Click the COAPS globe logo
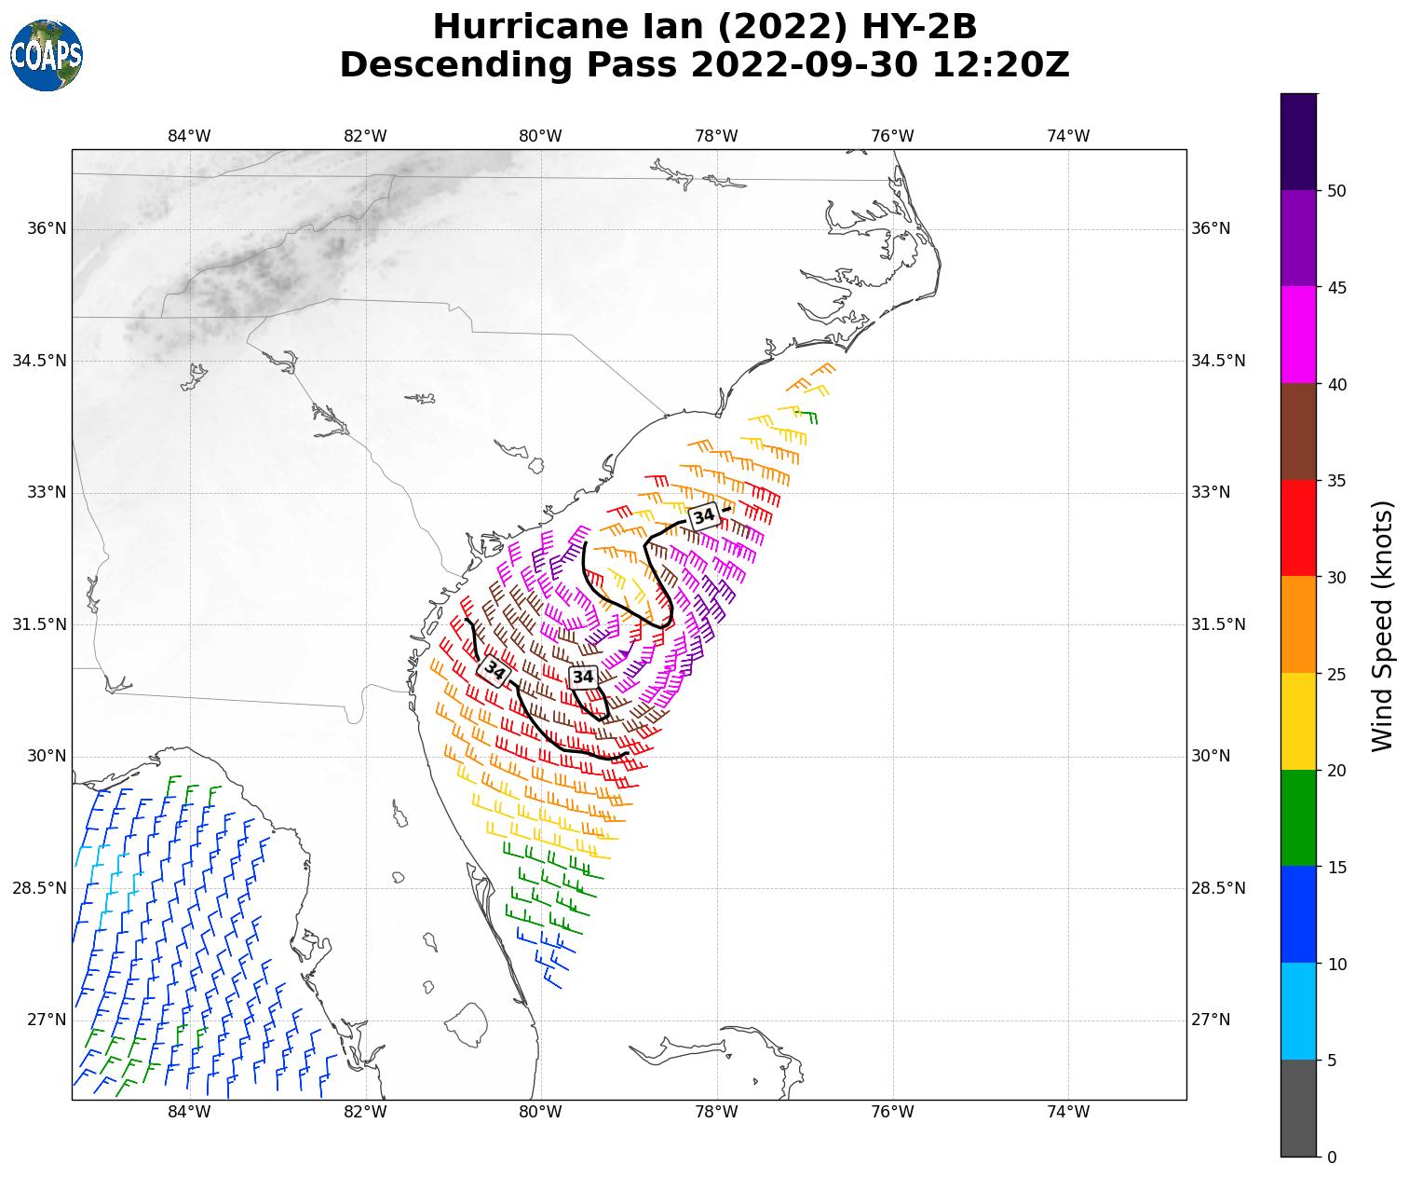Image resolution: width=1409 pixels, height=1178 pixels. pos(46,55)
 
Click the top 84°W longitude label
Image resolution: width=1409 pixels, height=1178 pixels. pos(189,136)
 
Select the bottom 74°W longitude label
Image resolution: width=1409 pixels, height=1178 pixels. pos(1068,1112)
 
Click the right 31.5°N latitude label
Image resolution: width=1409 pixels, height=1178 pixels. pos(1217,624)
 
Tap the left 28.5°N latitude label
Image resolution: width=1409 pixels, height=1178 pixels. pos(39,888)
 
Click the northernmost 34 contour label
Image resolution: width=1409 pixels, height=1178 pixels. pos(704,515)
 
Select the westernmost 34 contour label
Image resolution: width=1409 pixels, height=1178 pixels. pos(493,670)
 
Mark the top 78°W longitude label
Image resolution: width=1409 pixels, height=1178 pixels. pos(716,136)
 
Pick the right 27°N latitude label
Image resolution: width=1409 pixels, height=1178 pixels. pos(1211,1020)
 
